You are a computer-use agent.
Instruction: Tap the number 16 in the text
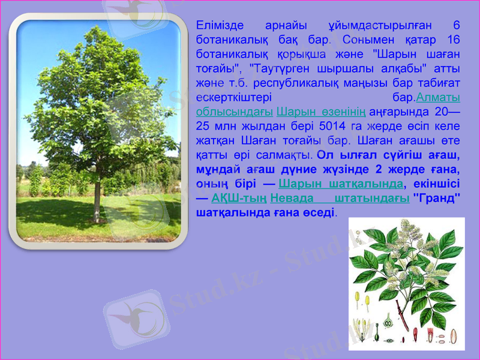[453, 40]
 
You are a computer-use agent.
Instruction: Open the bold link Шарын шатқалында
[341, 184]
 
